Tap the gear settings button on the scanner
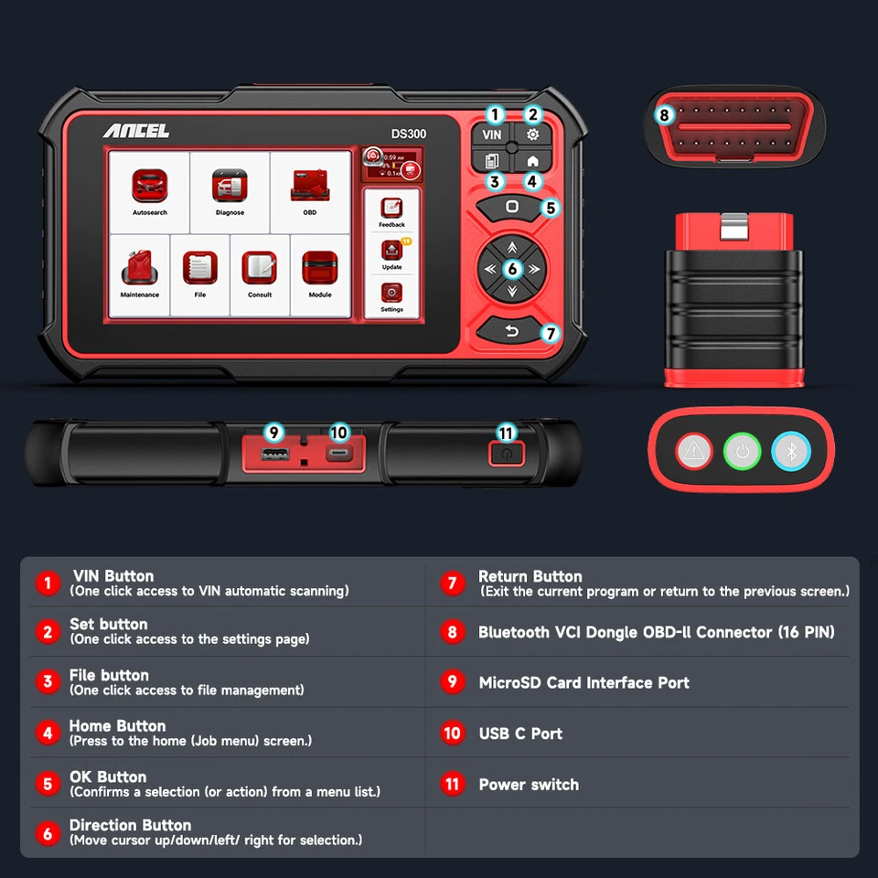(532, 134)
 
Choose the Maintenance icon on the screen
(139, 270)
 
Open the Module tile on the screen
(320, 270)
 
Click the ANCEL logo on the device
(135, 132)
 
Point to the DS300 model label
(409, 134)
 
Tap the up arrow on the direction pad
(512, 246)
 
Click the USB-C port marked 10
(338, 455)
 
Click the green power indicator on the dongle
(742, 451)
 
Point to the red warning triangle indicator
(693, 451)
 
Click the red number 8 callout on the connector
(665, 115)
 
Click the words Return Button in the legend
(530, 576)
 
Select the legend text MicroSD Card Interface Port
(584, 682)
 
